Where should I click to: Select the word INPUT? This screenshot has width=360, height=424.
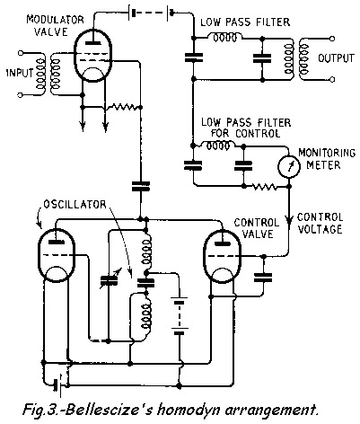pyautogui.click(x=18, y=70)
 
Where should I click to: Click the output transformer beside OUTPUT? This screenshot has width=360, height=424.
pyautogui.click(x=294, y=57)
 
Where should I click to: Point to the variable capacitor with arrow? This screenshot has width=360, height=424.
pyautogui.click(x=110, y=279)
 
